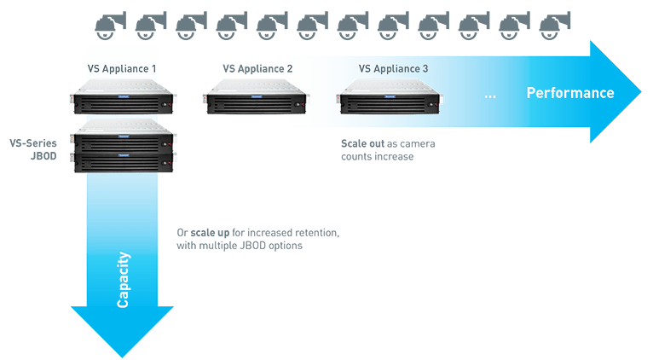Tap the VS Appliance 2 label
click(x=257, y=68)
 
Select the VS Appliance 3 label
click(x=393, y=68)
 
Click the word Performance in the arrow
click(x=569, y=93)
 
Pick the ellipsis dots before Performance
click(x=490, y=95)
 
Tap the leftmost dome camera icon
click(x=105, y=27)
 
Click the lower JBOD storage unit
click(x=124, y=160)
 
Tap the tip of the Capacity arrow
click(x=123, y=354)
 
